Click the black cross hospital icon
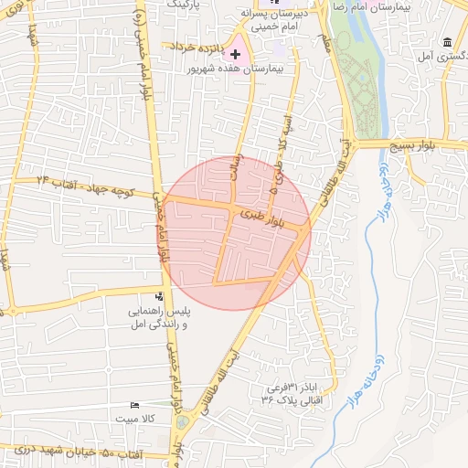(236, 54)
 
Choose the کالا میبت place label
(137, 419)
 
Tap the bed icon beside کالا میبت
(135, 405)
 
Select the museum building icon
(446, 43)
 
